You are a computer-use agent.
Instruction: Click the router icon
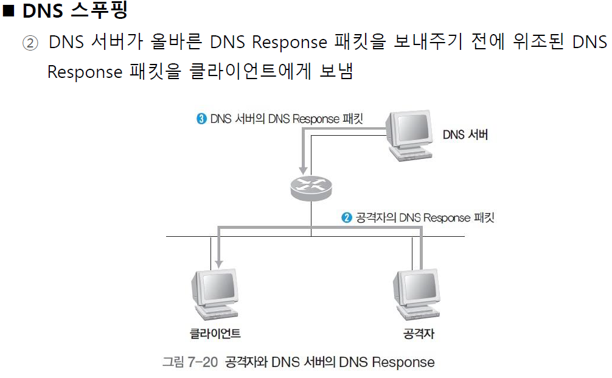click(311, 186)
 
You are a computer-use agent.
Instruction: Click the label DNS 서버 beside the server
click(465, 135)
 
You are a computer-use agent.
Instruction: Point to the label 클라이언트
click(215, 334)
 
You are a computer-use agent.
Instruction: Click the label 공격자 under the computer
click(419, 334)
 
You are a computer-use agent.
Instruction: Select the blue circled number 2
click(347, 217)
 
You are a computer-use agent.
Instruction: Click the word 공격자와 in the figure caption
click(246, 362)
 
